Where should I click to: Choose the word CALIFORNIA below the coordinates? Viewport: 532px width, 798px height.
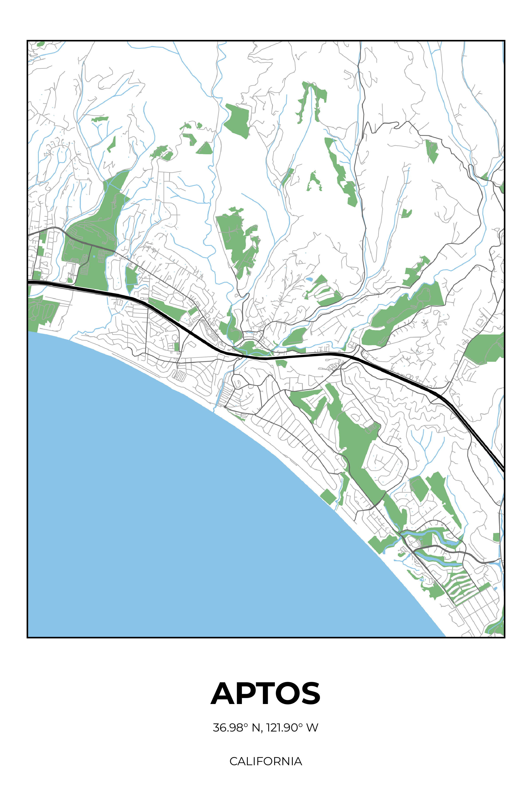pos(266,761)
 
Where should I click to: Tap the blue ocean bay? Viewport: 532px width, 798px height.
pos(170,509)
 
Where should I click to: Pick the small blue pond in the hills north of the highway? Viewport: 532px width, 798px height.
pos(309,280)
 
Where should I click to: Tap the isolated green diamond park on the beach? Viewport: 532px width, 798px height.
pos(328,497)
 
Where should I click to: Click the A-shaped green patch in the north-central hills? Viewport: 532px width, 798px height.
pos(314,182)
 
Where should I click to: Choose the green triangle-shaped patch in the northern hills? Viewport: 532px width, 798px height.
pos(205,149)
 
